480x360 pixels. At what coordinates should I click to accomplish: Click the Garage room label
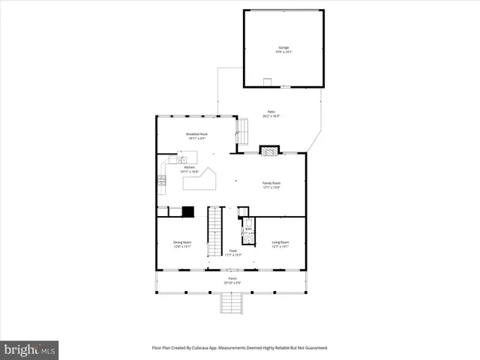(283, 49)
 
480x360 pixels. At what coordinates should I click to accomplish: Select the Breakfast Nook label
(197, 136)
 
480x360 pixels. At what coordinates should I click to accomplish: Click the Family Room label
(271, 184)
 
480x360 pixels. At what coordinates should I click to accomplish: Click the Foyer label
(233, 253)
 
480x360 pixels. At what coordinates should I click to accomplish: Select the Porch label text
(232, 280)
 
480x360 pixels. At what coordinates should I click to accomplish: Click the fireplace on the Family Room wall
(269, 150)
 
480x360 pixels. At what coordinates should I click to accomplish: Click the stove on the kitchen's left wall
(161, 180)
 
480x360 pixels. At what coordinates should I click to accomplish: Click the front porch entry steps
(232, 304)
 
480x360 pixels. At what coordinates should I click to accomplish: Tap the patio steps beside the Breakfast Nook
(242, 131)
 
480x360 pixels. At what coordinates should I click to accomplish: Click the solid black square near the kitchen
(188, 211)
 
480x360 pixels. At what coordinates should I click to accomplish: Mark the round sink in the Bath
(249, 240)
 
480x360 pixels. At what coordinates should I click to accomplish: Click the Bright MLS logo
(29, 349)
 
